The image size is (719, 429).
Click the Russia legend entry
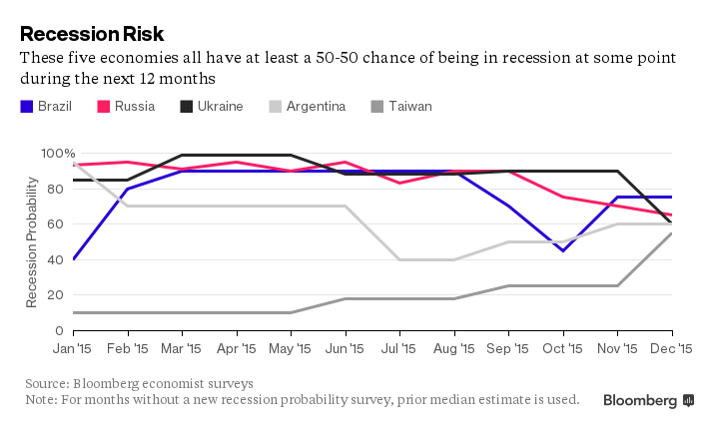[126, 106]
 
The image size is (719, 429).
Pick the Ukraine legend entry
[211, 106]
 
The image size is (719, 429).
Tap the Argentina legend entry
[306, 106]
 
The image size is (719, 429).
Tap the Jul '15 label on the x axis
[399, 349]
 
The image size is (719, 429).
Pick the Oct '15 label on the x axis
[563, 349]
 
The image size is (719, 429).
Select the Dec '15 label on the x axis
[671, 349]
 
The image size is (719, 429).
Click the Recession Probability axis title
[33, 241]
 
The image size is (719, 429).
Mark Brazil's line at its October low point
[563, 250]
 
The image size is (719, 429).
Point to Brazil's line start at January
[74, 259]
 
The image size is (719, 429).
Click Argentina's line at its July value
[399, 259]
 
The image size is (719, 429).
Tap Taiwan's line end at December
[672, 233]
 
